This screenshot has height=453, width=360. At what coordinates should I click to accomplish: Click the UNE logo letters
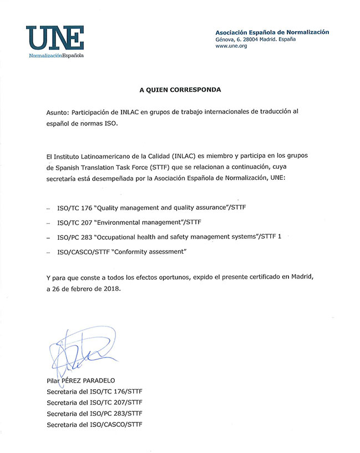pyautogui.click(x=55, y=38)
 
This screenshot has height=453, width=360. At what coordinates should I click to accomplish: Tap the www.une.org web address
pyautogui.click(x=231, y=46)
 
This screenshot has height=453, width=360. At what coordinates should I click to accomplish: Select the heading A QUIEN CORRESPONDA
pyautogui.click(x=180, y=89)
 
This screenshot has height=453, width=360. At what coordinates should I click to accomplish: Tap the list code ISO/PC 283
pyautogui.click(x=75, y=237)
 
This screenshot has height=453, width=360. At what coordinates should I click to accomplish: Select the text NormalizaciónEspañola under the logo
pyautogui.click(x=56, y=56)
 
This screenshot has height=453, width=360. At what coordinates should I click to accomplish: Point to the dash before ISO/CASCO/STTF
pyautogui.click(x=48, y=252)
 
